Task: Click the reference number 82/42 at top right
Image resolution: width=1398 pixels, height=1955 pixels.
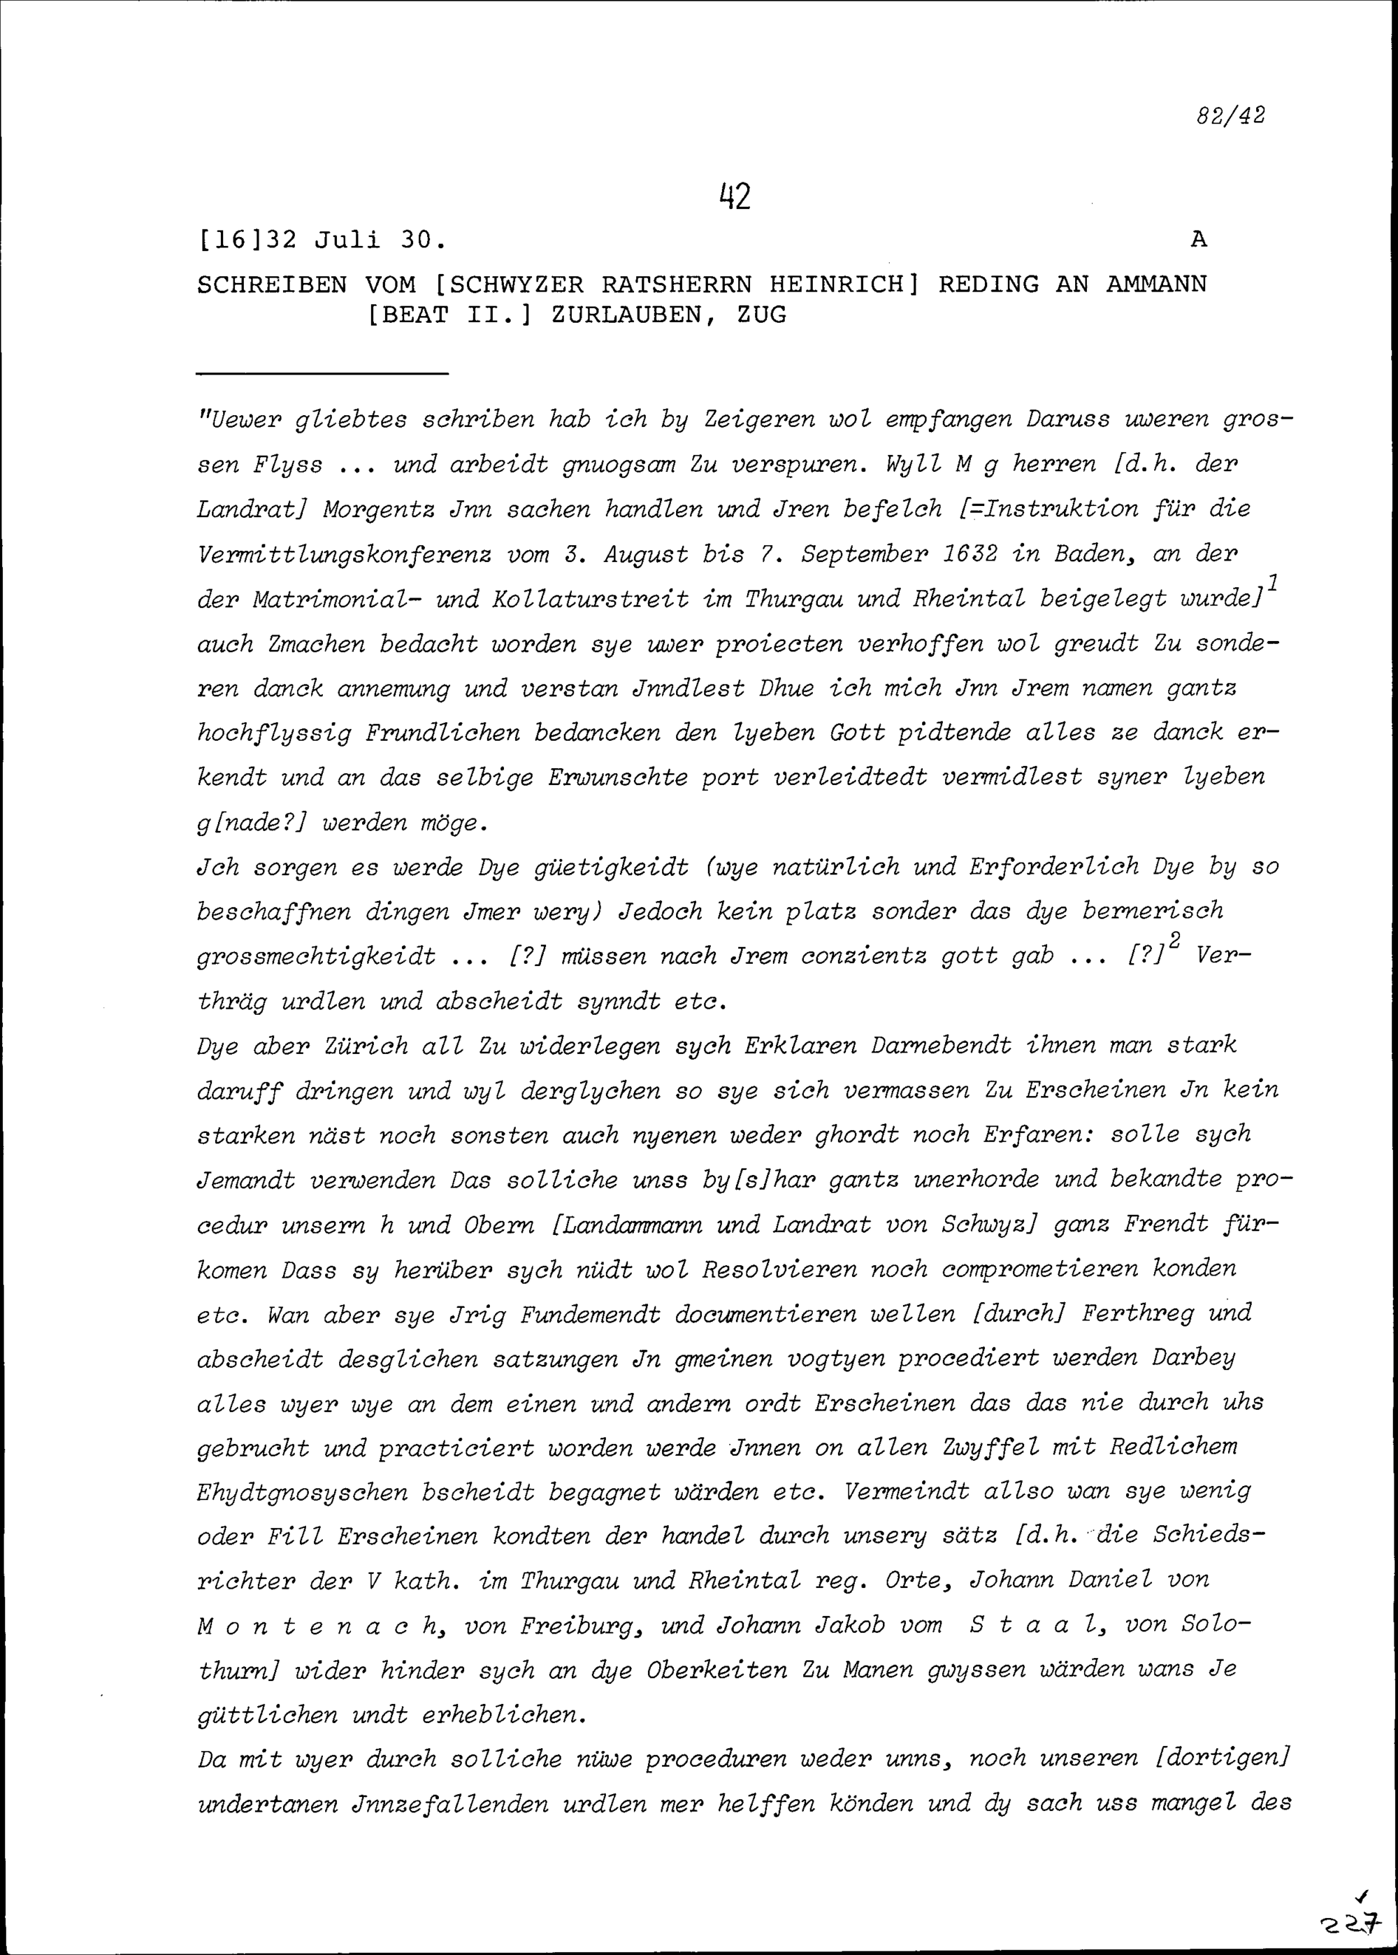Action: click(x=1230, y=115)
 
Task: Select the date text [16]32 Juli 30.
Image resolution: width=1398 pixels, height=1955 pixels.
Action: click(x=322, y=240)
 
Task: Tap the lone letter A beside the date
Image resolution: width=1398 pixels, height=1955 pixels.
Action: click(x=1198, y=240)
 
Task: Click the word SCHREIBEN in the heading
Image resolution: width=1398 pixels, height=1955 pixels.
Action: click(x=272, y=284)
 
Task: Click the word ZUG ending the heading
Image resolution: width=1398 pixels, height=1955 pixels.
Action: click(x=762, y=315)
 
